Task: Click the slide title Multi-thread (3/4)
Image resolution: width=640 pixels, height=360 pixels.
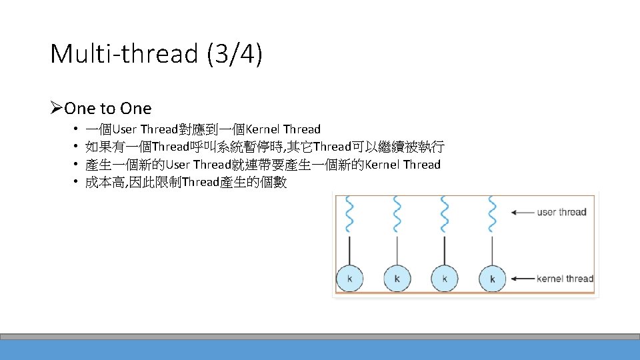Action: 156,54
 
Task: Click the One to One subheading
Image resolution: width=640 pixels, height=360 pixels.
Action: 107,108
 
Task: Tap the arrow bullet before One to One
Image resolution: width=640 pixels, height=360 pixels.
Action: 57,108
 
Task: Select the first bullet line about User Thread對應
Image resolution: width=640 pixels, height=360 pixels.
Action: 203,129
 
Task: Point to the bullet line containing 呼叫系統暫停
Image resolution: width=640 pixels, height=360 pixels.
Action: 265,147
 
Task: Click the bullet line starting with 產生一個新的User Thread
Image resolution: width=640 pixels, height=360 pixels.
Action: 263,165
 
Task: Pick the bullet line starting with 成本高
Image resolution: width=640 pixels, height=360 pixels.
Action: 186,182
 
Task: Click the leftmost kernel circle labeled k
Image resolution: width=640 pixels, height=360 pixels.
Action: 349,278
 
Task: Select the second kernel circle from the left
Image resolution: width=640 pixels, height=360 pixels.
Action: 397,278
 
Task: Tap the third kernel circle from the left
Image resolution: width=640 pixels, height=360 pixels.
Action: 445,278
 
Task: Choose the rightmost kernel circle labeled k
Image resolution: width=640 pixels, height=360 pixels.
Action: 492,278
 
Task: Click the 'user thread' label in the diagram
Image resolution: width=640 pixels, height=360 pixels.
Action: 561,213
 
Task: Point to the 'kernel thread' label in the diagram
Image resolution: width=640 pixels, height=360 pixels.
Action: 565,278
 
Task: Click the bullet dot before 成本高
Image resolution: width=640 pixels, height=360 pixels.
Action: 77,182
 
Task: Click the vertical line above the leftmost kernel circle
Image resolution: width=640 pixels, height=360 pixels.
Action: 349,250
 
